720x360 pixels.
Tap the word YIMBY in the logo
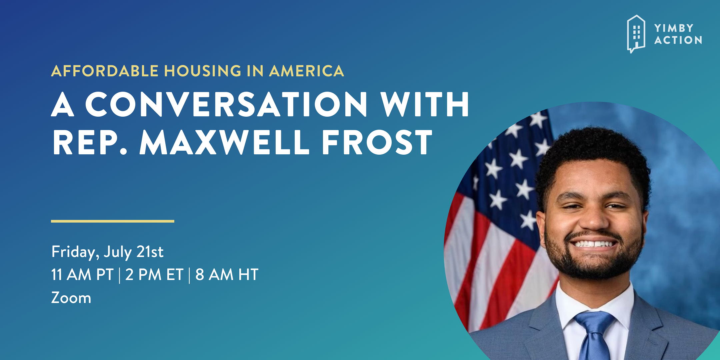pos(674,28)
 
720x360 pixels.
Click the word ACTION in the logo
pos(678,40)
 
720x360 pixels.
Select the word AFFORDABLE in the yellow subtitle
pos(105,71)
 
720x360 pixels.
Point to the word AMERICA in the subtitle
pos(307,71)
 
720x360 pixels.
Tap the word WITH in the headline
pos(425,104)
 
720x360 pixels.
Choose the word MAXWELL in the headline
pos(224,142)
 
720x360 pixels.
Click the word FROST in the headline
pos(377,142)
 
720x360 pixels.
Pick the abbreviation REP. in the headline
pos(90,142)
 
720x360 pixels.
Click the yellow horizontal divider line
pos(113,221)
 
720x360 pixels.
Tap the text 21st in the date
pos(150,252)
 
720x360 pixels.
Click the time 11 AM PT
pos(82,275)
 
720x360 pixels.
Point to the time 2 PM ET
pos(154,275)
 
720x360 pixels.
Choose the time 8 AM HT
pos(227,275)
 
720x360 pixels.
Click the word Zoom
pos(71,298)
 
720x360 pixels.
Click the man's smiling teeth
pos(594,244)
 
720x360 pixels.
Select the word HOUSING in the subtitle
pos(203,71)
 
